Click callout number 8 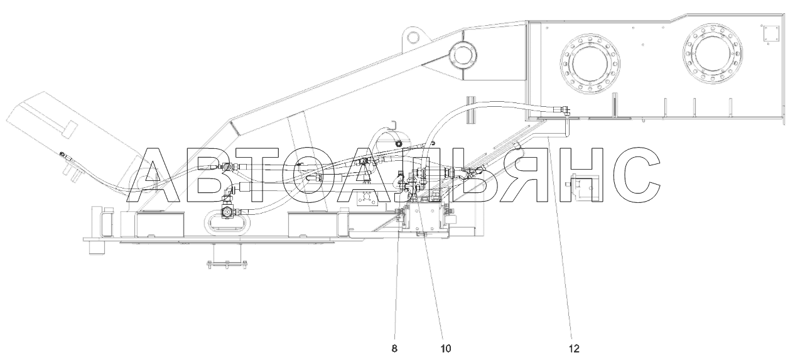point(394,349)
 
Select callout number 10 point(446,349)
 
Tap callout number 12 point(574,349)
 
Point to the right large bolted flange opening point(713,54)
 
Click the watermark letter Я point(526,175)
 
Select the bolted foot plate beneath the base point(227,265)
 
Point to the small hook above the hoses point(394,125)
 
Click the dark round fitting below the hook point(397,144)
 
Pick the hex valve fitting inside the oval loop point(227,212)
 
